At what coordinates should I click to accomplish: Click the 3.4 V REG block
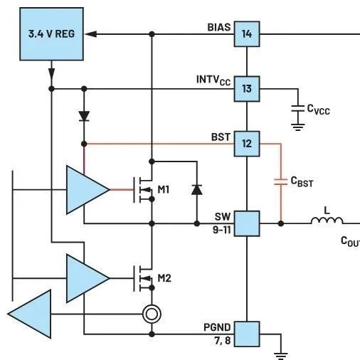tap(51, 34)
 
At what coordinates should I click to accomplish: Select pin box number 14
tap(247, 34)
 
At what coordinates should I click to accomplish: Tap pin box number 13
tap(247, 89)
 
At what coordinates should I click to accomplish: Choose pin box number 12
tap(247, 144)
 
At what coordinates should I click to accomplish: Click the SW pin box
tap(247, 223)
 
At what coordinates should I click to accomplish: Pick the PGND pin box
tap(247, 334)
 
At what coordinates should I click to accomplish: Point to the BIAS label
tap(219, 27)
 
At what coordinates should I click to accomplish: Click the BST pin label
tap(221, 137)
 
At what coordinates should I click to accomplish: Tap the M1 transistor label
tap(164, 189)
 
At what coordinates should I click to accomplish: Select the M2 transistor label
tap(164, 278)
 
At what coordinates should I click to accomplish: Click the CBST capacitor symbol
tap(281, 181)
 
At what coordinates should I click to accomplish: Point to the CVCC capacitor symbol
tap(298, 109)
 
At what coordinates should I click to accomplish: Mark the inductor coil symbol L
tap(327, 221)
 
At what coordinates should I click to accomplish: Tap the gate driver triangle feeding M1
tap(88, 190)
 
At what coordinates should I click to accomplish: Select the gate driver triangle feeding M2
tap(88, 278)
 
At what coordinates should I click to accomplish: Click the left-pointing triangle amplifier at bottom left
tap(30, 314)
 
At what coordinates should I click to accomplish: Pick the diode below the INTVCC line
tap(84, 116)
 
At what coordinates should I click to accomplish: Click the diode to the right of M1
tap(197, 190)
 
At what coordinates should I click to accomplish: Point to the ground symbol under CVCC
tap(298, 127)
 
